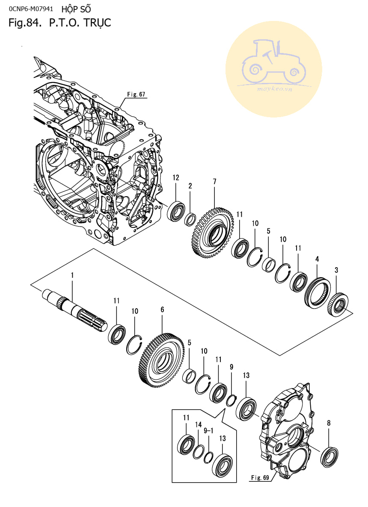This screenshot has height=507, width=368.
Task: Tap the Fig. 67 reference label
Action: tap(136, 94)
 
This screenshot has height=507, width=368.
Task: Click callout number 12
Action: tap(176, 177)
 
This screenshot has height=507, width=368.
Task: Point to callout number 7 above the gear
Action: tap(214, 182)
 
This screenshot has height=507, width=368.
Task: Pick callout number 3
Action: tap(336, 270)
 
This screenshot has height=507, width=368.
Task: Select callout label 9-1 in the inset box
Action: tap(208, 431)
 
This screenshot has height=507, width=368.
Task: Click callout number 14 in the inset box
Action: tap(198, 424)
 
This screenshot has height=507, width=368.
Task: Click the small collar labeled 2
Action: tap(190, 219)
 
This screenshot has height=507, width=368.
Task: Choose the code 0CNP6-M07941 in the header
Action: tap(30, 8)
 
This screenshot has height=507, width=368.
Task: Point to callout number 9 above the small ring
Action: tap(231, 367)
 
